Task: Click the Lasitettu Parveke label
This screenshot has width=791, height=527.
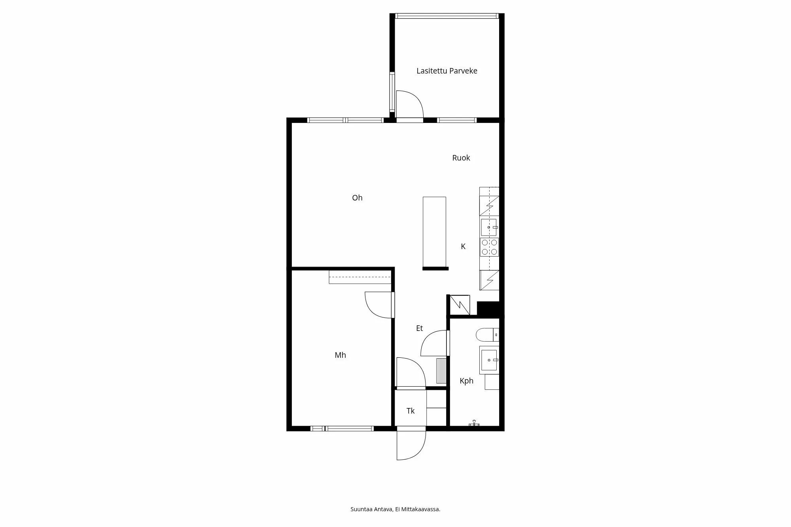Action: [447, 71]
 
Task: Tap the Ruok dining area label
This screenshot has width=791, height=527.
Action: [461, 158]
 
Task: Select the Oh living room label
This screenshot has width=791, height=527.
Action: [357, 198]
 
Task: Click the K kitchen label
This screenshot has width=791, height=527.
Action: [463, 246]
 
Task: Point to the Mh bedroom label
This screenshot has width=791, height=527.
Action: [340, 355]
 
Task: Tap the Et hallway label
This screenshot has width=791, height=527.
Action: [419, 328]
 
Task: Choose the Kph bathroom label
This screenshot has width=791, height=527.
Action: [466, 381]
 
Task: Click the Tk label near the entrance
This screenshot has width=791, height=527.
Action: [410, 411]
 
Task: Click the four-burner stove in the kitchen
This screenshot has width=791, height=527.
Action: [489, 247]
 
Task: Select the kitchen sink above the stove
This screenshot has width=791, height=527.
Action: [489, 227]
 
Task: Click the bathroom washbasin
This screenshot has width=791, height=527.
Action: [489, 360]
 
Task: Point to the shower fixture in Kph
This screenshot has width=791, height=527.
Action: [474, 423]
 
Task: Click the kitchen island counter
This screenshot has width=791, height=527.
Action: [434, 232]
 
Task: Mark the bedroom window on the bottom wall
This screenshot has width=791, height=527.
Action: [342, 429]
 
